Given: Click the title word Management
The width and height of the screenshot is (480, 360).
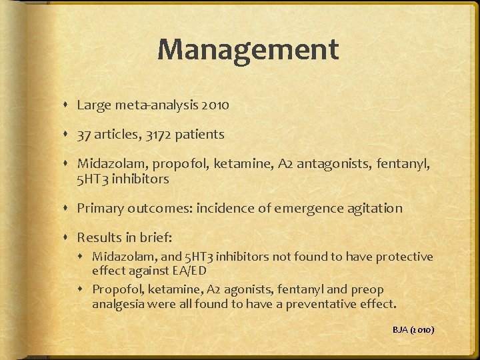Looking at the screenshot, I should [248, 49].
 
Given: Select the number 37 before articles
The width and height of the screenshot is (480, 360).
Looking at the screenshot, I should [84, 135].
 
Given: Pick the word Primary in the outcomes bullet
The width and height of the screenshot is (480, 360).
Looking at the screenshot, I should [100, 209].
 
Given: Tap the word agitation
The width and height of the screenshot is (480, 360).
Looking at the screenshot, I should [374, 209].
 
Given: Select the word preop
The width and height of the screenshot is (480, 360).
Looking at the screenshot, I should [368, 289].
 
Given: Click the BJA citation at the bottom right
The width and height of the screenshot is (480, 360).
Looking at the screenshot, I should [413, 329].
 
